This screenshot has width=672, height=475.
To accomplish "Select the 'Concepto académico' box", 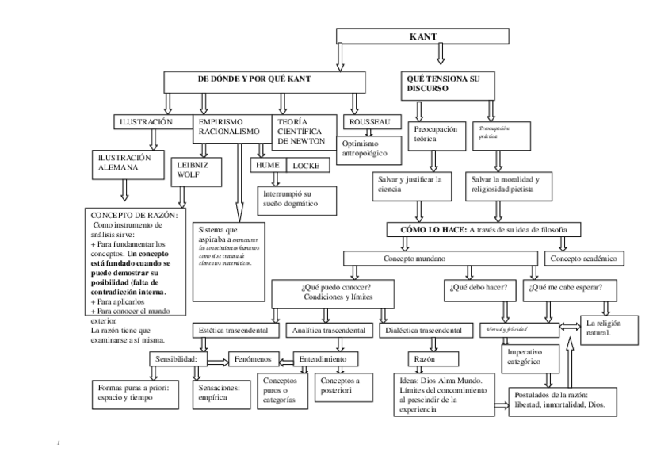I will [582, 259].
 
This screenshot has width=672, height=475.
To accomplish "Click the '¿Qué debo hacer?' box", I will [479, 288].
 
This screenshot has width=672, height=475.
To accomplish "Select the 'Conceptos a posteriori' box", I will [341, 385].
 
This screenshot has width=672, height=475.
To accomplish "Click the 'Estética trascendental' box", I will [235, 329].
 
